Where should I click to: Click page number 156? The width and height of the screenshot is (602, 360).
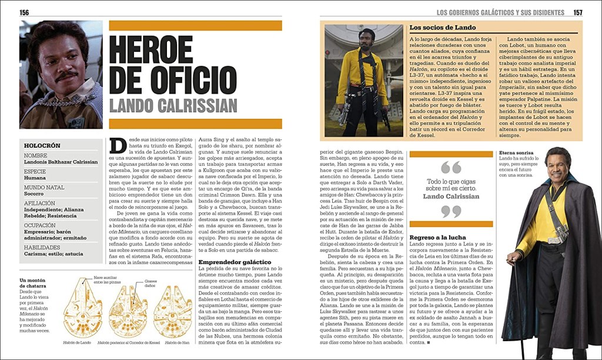24,12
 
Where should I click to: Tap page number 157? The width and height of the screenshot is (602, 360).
577,12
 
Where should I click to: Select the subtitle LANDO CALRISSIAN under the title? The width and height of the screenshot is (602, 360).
173,106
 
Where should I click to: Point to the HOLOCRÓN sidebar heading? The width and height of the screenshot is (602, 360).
42,145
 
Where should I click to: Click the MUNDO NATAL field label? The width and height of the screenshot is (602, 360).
45,187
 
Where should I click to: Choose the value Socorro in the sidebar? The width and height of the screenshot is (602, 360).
34,194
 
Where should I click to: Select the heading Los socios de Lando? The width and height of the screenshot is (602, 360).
443,27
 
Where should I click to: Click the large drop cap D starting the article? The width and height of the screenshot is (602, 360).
118,145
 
